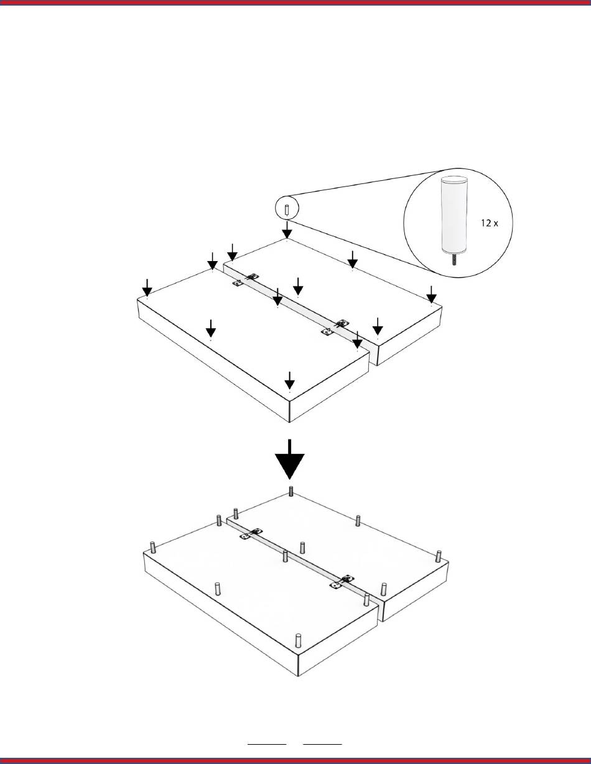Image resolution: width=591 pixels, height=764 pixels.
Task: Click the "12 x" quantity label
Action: (490, 223)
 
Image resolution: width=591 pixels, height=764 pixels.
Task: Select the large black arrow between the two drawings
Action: (289, 459)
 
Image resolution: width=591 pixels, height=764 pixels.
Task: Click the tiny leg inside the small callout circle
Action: (287, 210)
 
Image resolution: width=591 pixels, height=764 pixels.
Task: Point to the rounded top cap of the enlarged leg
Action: (455, 180)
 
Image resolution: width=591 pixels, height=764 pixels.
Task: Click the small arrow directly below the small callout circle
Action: (287, 229)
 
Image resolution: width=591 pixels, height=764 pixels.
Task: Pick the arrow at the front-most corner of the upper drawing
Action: (289, 380)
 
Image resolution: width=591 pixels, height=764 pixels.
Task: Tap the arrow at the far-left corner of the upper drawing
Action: (147, 288)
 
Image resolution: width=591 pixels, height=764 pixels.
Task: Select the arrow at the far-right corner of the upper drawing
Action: (431, 295)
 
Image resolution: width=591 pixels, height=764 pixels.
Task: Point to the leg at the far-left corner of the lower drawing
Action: (153, 548)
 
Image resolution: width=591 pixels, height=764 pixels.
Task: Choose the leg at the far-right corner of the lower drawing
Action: (439, 556)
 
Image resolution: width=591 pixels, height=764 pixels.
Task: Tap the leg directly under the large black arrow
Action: (291, 491)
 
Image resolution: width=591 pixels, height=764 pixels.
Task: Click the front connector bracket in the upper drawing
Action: (335, 328)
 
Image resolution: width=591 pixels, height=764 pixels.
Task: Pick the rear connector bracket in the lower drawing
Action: (251, 534)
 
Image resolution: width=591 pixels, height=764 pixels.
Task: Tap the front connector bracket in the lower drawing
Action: (342, 582)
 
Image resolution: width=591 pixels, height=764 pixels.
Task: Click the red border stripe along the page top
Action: (295, 3)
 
